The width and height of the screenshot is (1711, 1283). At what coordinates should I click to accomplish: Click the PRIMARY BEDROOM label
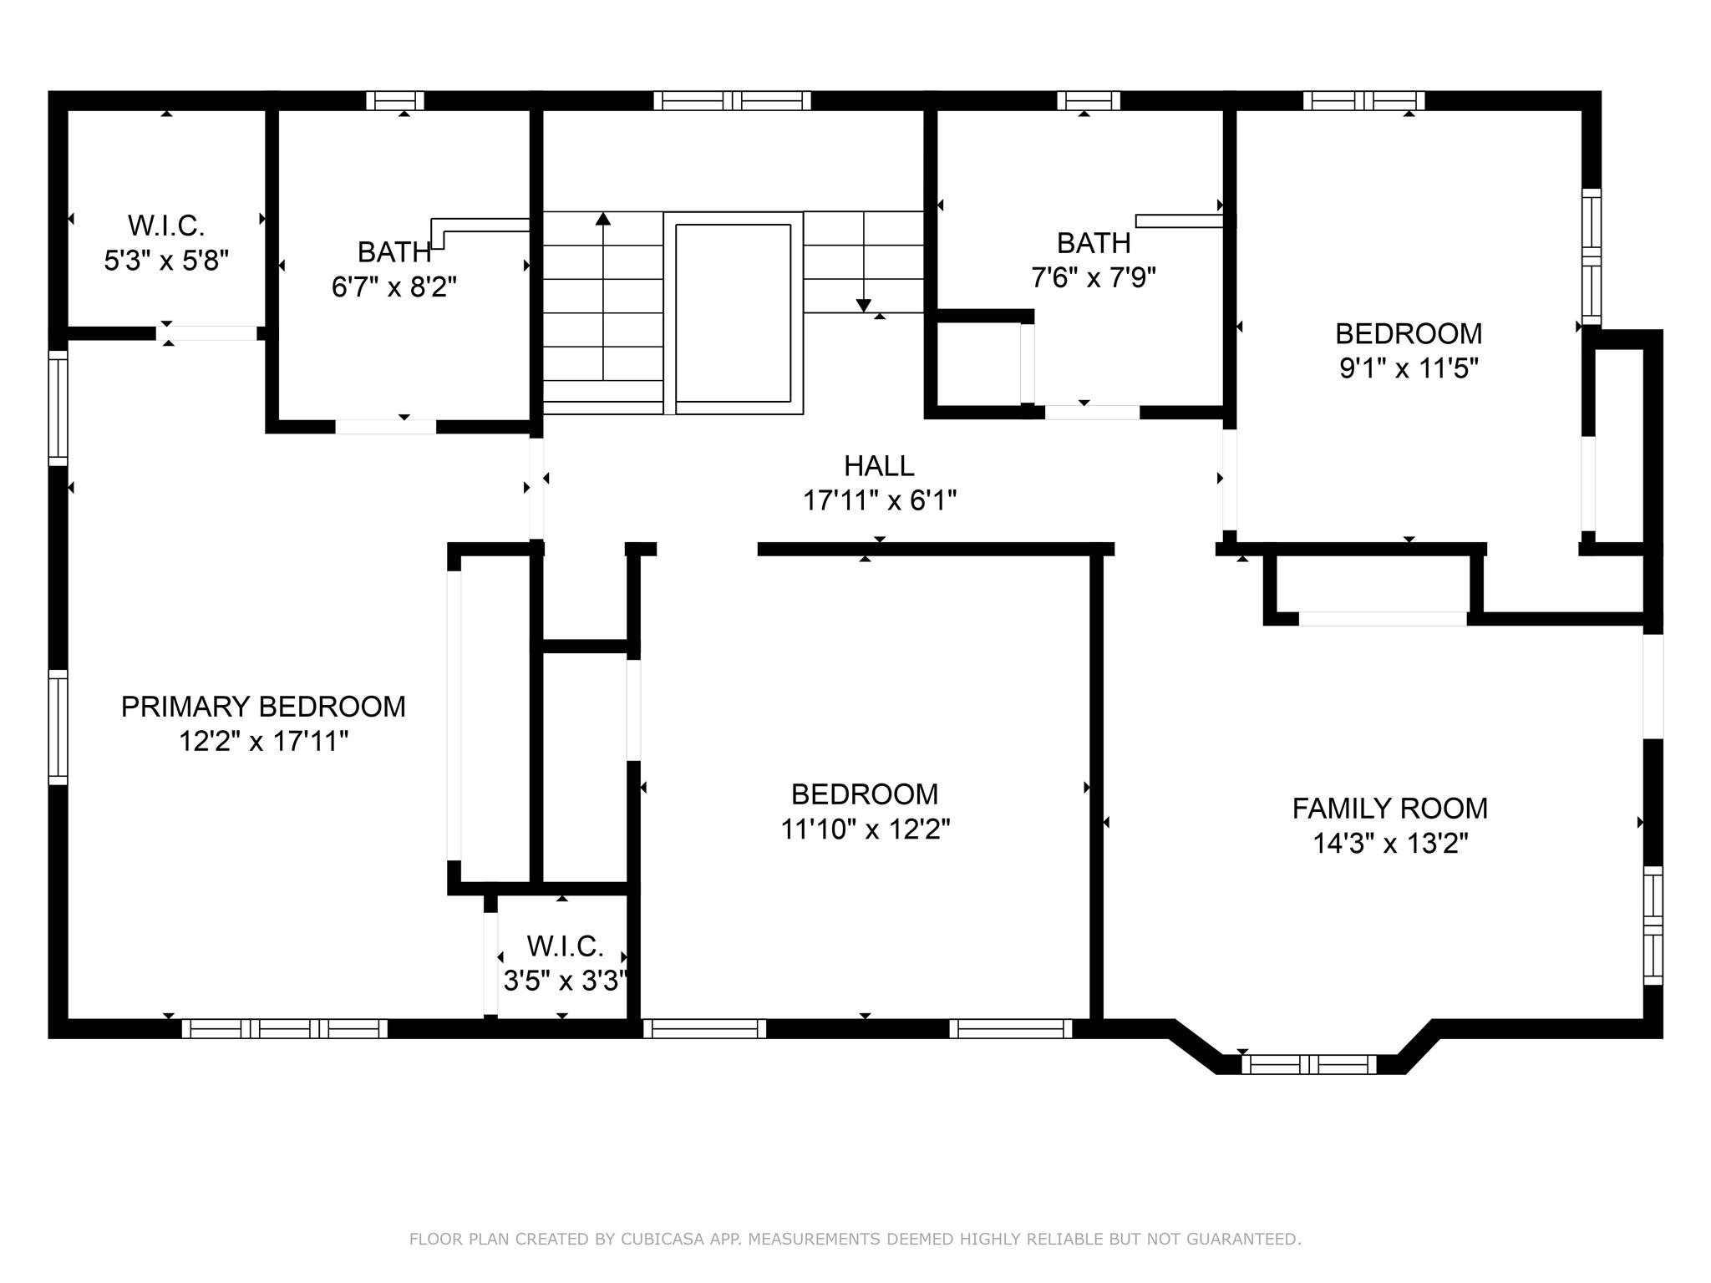(263, 707)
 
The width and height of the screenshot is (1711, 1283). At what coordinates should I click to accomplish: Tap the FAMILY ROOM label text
(1390, 809)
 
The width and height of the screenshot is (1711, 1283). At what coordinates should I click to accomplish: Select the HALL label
(879, 465)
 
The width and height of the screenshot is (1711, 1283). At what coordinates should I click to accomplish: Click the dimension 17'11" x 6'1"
(879, 501)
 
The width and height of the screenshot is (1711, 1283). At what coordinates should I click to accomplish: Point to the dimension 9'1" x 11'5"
(1409, 368)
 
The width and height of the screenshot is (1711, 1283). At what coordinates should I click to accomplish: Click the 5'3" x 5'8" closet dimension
(166, 261)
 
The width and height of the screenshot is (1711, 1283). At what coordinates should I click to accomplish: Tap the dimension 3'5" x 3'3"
(565, 981)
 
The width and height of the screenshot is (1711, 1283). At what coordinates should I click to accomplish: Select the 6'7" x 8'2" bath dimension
(394, 287)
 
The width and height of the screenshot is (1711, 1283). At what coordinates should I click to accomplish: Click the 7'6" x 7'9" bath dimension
(1094, 277)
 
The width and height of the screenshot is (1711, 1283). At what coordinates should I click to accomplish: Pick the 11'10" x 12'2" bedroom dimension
(865, 829)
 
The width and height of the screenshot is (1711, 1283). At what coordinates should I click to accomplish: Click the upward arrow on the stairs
(603, 221)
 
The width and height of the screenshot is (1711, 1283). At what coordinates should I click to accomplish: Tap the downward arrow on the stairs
(864, 304)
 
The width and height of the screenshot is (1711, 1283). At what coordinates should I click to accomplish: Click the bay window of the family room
(1308, 1064)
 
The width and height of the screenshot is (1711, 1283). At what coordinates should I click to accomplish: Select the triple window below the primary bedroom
(284, 1028)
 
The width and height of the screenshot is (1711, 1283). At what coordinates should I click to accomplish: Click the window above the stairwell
(732, 101)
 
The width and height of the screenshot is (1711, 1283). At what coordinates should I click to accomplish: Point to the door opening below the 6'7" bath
(386, 427)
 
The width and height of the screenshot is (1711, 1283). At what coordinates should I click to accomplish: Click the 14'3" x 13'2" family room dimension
(1390, 844)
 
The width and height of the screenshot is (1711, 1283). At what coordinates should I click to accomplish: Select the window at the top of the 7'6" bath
(1088, 101)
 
